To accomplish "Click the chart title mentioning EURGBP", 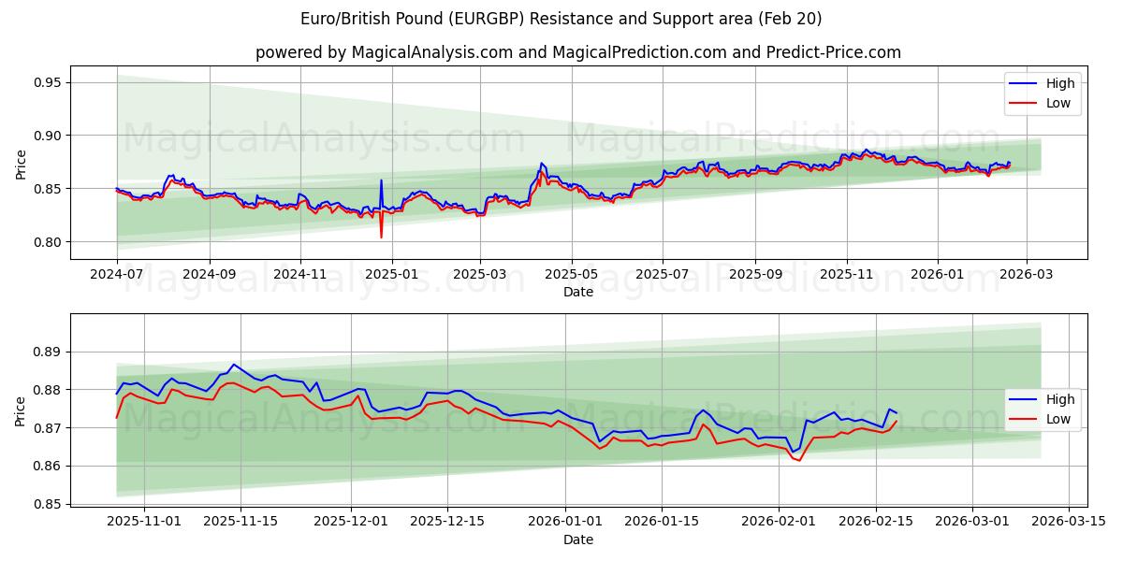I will point(561,19).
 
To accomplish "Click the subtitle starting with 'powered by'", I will point(578,52).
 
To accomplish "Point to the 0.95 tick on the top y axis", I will point(47,82).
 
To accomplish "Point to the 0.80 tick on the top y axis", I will point(47,242).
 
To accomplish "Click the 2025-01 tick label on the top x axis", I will point(391,275).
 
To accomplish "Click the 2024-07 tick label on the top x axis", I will point(117,275).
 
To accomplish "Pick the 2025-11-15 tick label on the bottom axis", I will point(241,521).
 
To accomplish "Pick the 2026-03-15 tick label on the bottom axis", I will point(1069,521).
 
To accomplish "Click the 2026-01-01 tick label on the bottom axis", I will point(564,521).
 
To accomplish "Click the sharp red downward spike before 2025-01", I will point(381,236).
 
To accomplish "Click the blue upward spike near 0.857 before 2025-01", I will point(381,180).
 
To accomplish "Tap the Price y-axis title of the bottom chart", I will point(21,410).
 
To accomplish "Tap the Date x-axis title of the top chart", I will point(578,292).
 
